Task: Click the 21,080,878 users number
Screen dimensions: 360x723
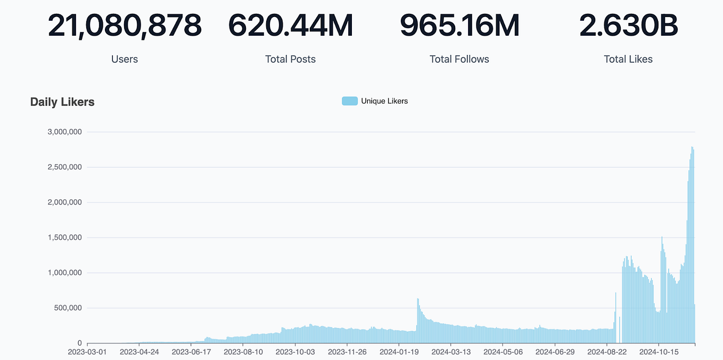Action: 125,26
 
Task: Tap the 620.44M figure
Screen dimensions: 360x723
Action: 291,26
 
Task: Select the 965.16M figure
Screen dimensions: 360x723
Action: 459,26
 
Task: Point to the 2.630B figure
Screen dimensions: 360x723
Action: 628,26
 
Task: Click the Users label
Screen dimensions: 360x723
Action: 125,59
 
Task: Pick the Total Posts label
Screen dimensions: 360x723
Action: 291,59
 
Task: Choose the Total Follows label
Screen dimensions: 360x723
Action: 459,59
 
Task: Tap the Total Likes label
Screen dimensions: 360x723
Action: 628,59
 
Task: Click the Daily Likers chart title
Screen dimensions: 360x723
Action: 62,102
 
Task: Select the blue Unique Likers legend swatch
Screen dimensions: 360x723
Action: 349,101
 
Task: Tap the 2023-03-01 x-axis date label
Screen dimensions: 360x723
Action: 87,352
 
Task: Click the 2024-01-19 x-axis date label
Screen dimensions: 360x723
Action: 399,352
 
